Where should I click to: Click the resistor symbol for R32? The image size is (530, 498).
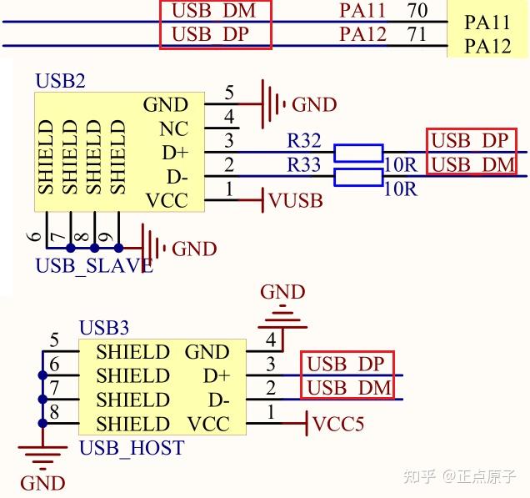(357, 152)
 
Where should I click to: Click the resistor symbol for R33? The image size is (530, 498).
(357, 177)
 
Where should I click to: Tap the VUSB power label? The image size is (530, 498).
(296, 201)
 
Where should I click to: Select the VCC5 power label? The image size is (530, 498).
(337, 424)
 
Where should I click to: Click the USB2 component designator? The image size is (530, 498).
(60, 82)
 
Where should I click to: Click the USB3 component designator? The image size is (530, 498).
(104, 328)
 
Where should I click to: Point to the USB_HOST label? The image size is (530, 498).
(132, 448)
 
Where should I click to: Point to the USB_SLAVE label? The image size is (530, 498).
(93, 266)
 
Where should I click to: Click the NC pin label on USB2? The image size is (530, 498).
(173, 129)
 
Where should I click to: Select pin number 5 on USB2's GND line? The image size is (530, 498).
(229, 93)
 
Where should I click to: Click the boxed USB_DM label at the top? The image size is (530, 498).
(215, 12)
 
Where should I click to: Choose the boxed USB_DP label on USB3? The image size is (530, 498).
(346, 364)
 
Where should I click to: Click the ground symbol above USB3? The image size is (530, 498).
(282, 317)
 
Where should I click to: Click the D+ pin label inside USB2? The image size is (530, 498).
(174, 153)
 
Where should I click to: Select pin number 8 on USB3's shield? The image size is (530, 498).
(54, 412)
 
